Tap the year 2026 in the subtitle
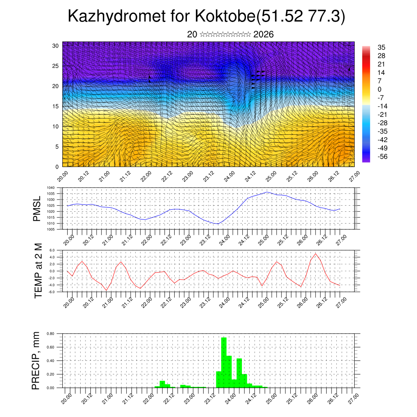coord(263,35)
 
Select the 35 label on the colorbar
coord(382,47)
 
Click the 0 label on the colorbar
coord(380,89)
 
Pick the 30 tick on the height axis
coord(55,46)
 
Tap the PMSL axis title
coord(37,208)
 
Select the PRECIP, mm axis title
coord(36,360)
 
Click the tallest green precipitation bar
coord(224,362)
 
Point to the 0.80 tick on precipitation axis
coord(50,334)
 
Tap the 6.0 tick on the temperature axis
coord(52,250)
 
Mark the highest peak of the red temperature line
coord(316,254)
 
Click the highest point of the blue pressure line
coord(267,192)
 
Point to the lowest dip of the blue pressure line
coord(217,224)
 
